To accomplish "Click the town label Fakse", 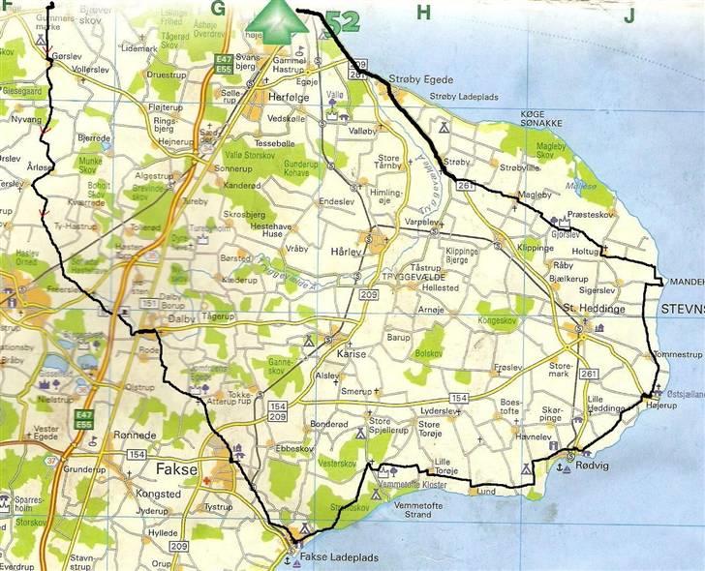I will (175, 470).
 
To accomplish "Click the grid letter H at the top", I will (422, 12).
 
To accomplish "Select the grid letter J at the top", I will (629, 15).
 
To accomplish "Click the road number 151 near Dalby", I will (149, 304).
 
